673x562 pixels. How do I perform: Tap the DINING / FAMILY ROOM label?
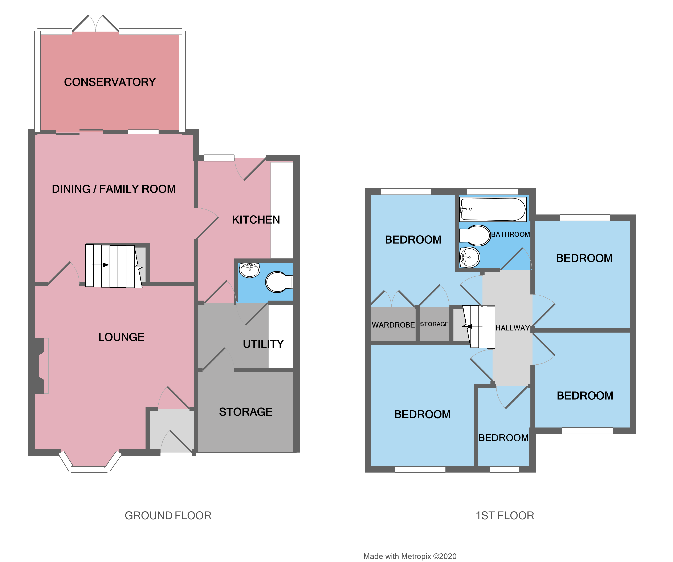[114, 189]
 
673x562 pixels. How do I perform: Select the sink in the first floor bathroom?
[470, 257]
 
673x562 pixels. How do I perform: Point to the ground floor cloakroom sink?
[250, 270]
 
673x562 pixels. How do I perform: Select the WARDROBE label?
[393, 325]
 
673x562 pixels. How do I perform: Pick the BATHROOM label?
[510, 234]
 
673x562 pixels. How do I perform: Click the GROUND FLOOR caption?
[168, 516]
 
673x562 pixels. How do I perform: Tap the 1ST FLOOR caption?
[505, 516]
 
